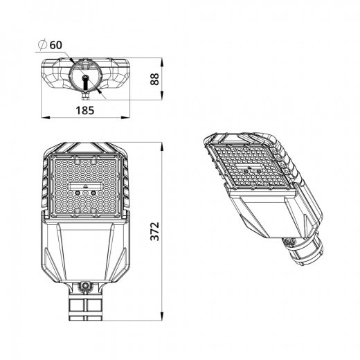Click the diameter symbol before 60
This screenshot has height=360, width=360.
pyautogui.click(x=42, y=44)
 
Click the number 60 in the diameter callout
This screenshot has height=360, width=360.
pyautogui.click(x=56, y=44)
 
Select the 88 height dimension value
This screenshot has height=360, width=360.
pyautogui.click(x=156, y=79)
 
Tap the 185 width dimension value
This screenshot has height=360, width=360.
pyautogui.click(x=85, y=109)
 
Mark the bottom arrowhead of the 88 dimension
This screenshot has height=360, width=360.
pyautogui.click(x=163, y=98)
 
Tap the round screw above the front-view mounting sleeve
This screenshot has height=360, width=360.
pyautogui.click(x=86, y=285)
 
